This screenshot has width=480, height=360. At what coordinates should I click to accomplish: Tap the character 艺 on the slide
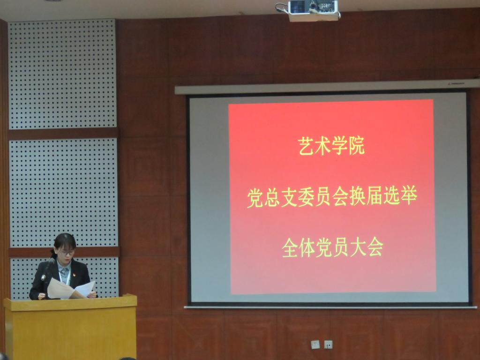307,146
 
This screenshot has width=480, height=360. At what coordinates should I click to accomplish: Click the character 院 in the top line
357,146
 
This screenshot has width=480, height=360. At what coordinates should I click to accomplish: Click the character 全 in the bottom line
290,248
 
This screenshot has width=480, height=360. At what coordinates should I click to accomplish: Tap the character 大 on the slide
358,247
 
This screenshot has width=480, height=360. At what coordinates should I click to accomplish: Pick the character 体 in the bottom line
307,247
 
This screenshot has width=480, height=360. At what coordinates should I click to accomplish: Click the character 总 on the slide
272,198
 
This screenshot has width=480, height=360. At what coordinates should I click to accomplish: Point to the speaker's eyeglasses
67,253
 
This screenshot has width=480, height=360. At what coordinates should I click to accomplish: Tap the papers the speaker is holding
71,289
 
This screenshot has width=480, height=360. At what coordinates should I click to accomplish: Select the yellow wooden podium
70,327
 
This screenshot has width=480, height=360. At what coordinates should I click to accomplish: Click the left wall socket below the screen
315,345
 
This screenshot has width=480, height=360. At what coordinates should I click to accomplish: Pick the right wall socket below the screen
328,345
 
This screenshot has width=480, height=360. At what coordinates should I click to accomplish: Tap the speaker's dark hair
65,241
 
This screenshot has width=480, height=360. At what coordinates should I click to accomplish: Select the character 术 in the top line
323,146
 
